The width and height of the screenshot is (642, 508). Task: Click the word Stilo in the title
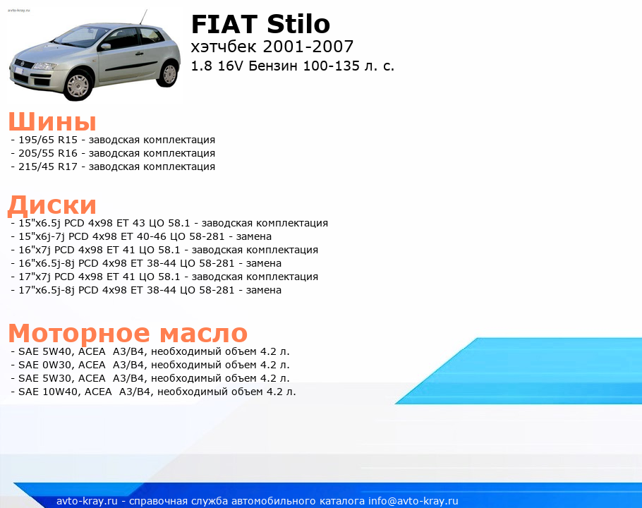[x=298, y=24]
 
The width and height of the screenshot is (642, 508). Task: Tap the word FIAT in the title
[x=224, y=24]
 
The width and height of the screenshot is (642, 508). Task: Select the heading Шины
[x=52, y=121]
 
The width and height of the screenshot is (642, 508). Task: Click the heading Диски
[x=52, y=205]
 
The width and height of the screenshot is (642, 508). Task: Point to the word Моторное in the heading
[x=79, y=333]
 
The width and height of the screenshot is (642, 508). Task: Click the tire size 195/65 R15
[x=48, y=140]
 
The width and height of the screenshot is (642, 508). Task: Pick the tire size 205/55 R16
[x=48, y=154]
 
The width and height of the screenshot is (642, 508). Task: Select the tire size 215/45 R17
[x=48, y=167]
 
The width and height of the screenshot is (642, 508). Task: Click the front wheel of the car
[x=78, y=85]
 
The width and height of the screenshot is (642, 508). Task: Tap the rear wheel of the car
[x=169, y=74]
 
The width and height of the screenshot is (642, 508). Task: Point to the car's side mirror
[x=105, y=47]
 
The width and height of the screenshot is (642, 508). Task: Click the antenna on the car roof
[x=143, y=17]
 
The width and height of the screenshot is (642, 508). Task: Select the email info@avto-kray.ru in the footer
[x=413, y=501]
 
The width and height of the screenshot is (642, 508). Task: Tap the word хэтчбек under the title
[x=224, y=47]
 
